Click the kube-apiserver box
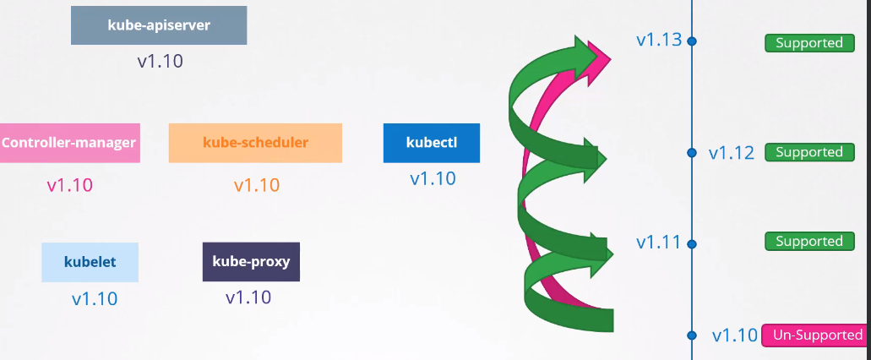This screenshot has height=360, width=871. tap(159, 25)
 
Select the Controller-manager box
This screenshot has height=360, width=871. tap(69, 143)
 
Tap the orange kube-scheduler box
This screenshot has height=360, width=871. tap(255, 143)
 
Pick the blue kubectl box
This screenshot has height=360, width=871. tap(431, 143)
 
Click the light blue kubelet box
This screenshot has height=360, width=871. tap(90, 262)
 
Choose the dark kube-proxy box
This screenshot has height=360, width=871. tap(251, 262)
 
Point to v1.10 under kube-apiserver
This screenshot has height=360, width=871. tap(160, 62)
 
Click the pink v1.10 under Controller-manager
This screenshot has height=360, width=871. tap(69, 186)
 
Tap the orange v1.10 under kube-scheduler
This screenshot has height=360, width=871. tap(256, 186)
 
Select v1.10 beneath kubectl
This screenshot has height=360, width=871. tap(433, 179)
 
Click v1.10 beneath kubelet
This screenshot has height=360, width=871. tap(94, 299)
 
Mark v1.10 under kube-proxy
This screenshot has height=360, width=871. tap(248, 297)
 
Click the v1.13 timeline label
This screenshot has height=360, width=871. tap(659, 40)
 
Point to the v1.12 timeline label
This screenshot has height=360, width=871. tap(731, 153)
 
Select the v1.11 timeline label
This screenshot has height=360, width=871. tap(658, 243)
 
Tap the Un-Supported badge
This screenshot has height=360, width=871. tap(815, 335)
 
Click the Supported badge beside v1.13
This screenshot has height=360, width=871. tap(808, 43)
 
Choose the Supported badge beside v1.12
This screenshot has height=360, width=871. tap(808, 153)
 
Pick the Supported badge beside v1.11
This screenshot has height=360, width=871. tap(808, 242)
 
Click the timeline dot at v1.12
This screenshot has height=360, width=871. tap(692, 153)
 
